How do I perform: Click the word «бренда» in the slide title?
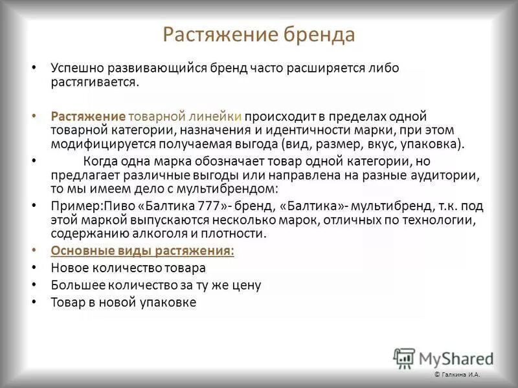tap(318, 34)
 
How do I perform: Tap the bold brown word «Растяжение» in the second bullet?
tap(88, 116)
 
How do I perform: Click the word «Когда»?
tap(99, 161)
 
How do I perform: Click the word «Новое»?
tap(70, 267)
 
